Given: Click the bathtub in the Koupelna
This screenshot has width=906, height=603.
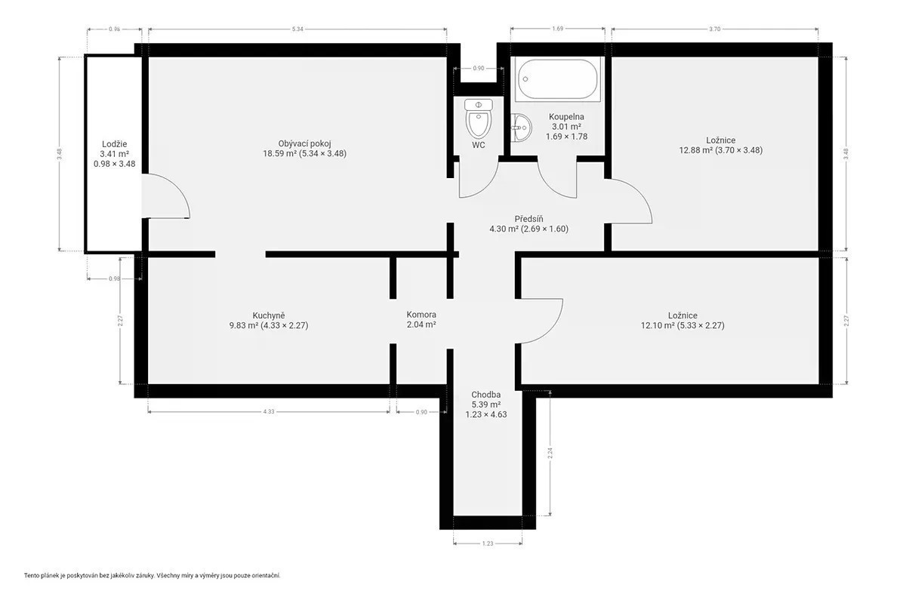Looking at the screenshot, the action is [x=557, y=79].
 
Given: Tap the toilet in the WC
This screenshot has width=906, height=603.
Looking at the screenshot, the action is [x=479, y=119].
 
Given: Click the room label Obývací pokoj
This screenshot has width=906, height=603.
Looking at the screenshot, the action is [x=304, y=143].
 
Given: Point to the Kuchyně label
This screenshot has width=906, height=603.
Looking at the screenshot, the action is [x=269, y=315].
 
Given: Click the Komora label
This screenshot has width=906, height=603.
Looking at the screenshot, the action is [x=421, y=314].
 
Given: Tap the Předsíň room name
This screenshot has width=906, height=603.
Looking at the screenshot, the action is [x=528, y=219].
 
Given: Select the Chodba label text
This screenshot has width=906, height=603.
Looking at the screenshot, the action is [x=485, y=394].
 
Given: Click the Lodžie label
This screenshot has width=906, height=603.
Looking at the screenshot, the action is [x=115, y=144].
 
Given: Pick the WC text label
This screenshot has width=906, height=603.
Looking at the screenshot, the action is [x=479, y=145].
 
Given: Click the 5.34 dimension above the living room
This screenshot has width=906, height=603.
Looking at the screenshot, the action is [x=297, y=29].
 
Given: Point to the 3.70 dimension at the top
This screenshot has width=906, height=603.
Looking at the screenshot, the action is [x=715, y=29].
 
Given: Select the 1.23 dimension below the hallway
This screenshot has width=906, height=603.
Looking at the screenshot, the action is [x=488, y=543].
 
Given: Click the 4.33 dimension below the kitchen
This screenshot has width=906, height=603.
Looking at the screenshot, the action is [x=269, y=412].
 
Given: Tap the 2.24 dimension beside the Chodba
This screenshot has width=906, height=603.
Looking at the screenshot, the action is [x=550, y=453].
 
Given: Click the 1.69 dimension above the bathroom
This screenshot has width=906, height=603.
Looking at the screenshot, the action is [x=557, y=29].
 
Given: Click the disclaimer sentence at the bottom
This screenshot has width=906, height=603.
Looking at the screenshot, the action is [x=152, y=575].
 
